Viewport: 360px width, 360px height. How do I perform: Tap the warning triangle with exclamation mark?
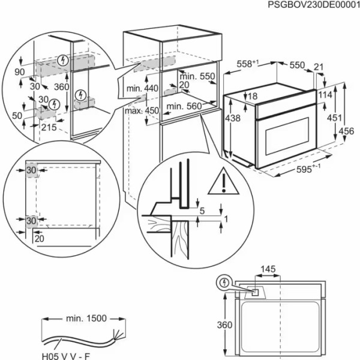coord(223,182)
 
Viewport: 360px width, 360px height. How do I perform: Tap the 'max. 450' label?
coord(142,110)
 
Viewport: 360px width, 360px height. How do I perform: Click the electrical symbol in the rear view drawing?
coord(225,282)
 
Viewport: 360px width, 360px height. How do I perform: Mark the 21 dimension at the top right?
coord(318,67)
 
